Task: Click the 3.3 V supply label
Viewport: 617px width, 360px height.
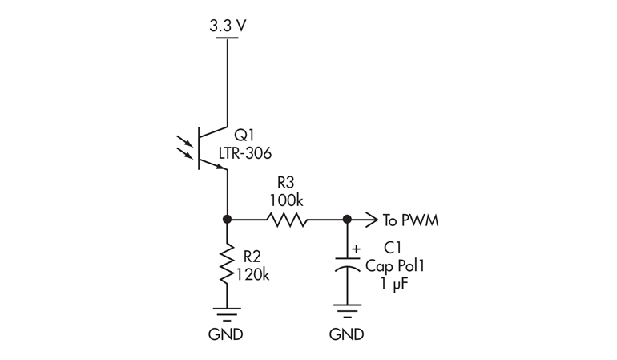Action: [x=228, y=26]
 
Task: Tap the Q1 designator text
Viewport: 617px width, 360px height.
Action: [x=244, y=136]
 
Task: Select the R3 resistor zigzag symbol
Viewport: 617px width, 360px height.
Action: [x=286, y=219]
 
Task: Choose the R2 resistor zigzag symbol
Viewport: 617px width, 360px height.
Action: [x=228, y=265]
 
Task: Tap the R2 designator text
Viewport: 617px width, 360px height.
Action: [x=252, y=257]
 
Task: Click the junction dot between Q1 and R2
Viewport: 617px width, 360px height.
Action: [x=228, y=219]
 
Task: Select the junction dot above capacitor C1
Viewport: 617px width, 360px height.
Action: [x=347, y=219]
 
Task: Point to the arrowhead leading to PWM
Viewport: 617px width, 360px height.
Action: [x=371, y=219]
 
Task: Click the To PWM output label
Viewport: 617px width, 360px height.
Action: [x=410, y=220]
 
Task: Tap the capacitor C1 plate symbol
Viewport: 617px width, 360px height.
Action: [x=347, y=266]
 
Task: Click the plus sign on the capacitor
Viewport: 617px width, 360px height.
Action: [x=357, y=249]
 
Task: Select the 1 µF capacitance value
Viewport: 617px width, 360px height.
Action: [x=395, y=283]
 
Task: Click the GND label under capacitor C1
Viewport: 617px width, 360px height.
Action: [x=347, y=334]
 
